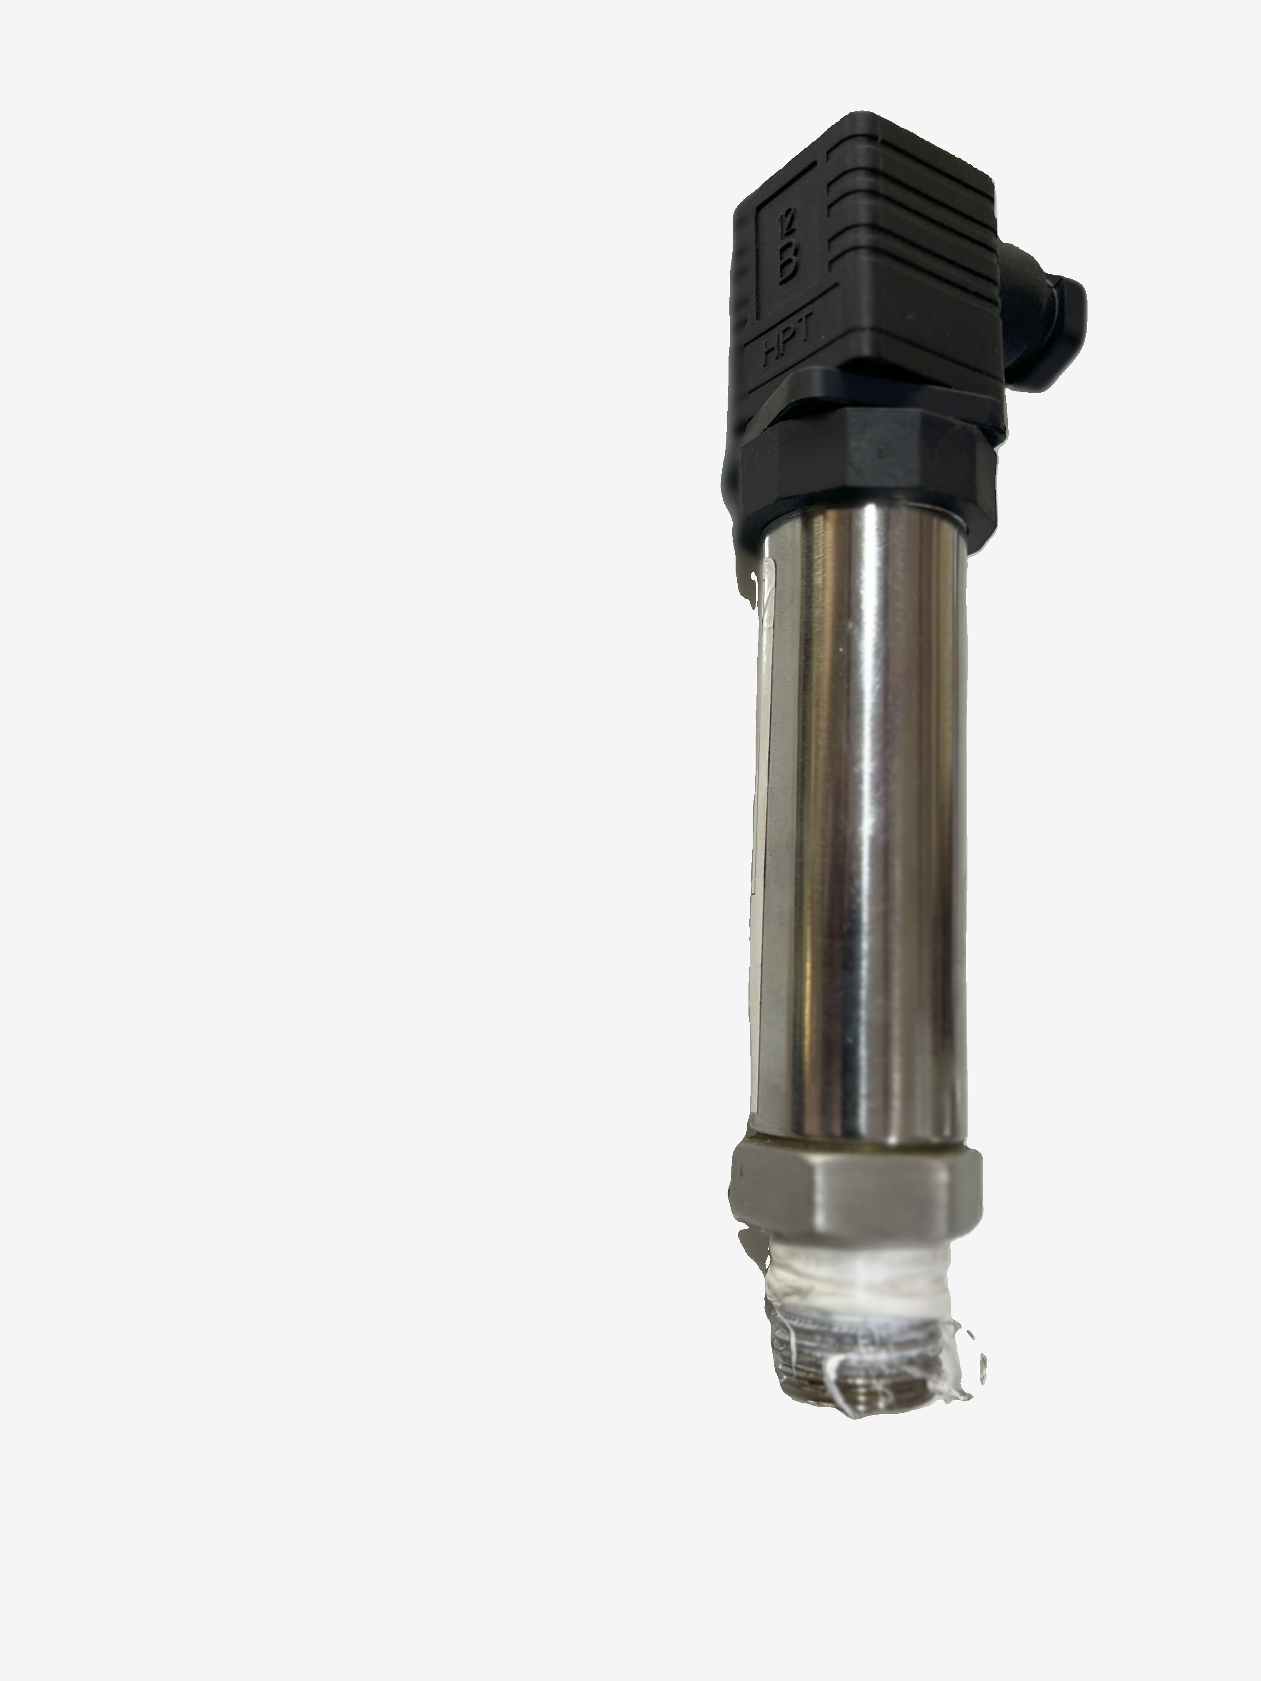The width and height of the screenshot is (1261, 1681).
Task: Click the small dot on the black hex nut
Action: tap(879, 450)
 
